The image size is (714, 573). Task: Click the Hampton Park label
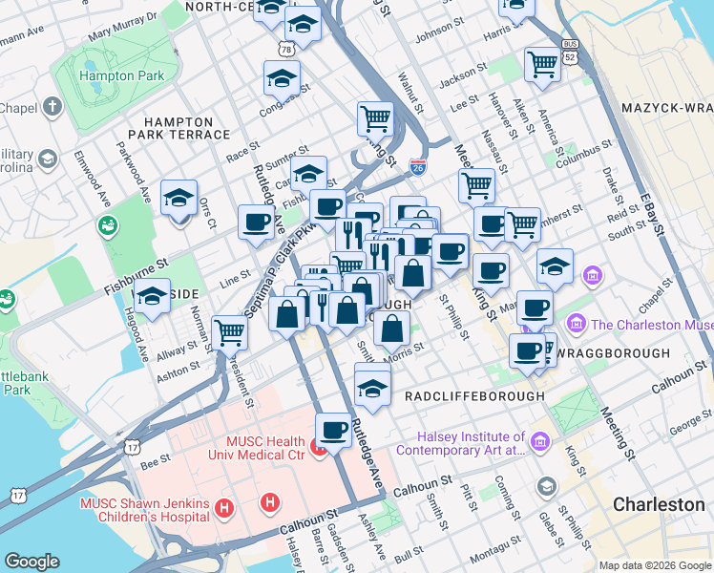click(122, 75)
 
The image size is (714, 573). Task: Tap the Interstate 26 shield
click(417, 166)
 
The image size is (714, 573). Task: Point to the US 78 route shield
click(285, 47)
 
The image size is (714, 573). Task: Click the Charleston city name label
click(659, 503)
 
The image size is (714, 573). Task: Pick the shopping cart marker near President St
click(230, 332)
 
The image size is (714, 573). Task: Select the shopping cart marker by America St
click(542, 65)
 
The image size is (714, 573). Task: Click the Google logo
click(32, 562)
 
